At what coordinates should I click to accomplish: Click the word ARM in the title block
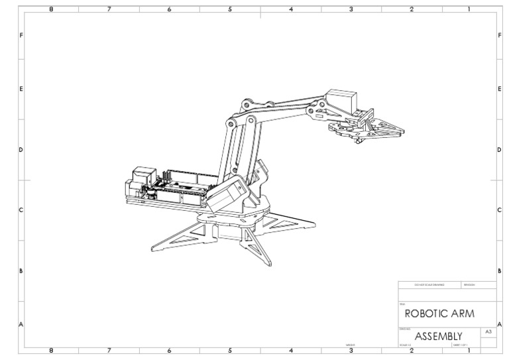[462, 312]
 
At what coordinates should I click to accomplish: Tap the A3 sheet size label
[488, 330]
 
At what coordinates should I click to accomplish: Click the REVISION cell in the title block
[470, 285]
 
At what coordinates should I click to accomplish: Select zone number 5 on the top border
[230, 9]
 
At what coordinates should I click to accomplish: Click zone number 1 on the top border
[469, 9]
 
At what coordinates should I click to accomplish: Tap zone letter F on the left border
[21, 34]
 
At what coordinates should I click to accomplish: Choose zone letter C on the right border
[498, 210]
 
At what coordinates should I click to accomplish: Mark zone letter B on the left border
[21, 270]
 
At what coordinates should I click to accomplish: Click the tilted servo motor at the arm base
[226, 196]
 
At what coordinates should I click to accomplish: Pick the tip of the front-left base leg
[154, 248]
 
